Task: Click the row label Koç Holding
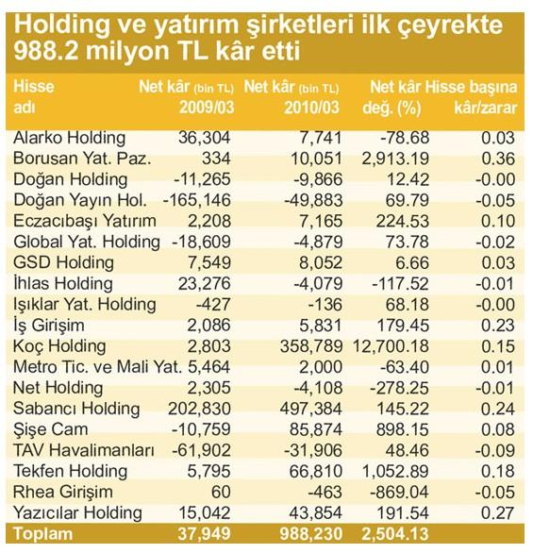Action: [x=59, y=346]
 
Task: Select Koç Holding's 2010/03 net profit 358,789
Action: [x=311, y=346]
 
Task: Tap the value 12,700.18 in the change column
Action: [x=391, y=346]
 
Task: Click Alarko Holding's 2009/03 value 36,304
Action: [x=204, y=138]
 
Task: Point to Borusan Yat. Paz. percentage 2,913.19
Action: [x=395, y=159]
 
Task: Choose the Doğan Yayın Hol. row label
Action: [x=80, y=200]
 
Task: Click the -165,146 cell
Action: [x=197, y=200]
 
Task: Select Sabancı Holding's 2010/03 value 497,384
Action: [x=311, y=410]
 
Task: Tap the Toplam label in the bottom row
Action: [x=43, y=534]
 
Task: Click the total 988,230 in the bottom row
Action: [x=311, y=534]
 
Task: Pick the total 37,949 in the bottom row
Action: [x=204, y=534]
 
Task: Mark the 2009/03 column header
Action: [x=207, y=108]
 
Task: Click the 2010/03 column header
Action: [x=311, y=108]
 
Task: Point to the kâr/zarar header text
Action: [x=486, y=108]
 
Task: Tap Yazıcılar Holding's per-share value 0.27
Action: [x=498, y=513]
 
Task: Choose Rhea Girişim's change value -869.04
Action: [x=399, y=493]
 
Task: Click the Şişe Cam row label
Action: [x=50, y=430]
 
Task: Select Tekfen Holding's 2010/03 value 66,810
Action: [x=316, y=472]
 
